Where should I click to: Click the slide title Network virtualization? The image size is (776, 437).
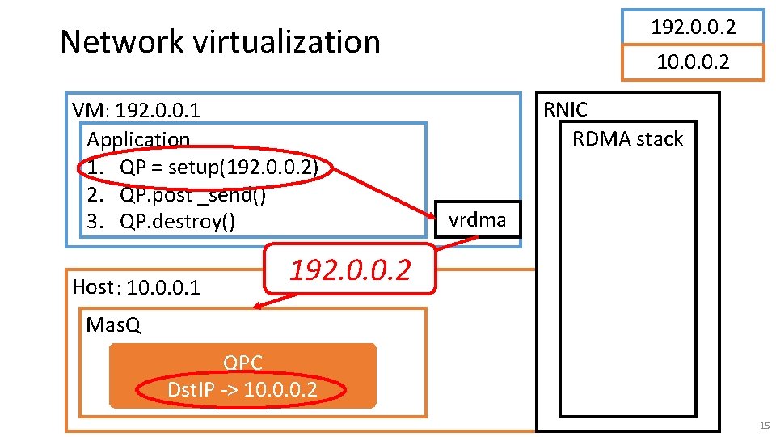tap(220, 41)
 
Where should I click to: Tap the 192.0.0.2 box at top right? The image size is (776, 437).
tap(693, 27)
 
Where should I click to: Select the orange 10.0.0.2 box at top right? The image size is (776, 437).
tap(693, 62)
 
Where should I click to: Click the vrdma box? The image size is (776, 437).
tap(478, 219)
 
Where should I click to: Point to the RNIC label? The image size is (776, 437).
tap(566, 110)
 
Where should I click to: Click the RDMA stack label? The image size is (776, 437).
tap(627, 138)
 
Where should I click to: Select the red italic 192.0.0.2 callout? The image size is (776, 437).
tap(350, 269)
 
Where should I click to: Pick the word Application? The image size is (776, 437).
tap(138, 139)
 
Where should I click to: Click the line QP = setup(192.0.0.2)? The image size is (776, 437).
tap(219, 168)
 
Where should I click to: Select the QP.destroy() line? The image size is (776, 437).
tap(177, 221)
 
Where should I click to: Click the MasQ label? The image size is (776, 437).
tap(113, 325)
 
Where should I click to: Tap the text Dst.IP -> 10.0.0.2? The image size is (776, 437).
tap(242, 390)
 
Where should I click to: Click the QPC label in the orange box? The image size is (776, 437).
tap(242, 363)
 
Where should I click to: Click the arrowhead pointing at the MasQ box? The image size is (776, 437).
tap(255, 306)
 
